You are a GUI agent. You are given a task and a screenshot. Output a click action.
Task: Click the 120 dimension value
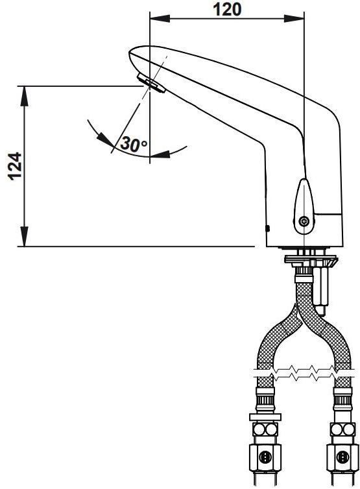pyautogui.click(x=227, y=9)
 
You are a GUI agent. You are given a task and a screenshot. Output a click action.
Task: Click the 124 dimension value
pyautogui.click(x=15, y=166)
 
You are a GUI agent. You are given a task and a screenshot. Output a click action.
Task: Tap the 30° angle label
pyautogui.click(x=134, y=144)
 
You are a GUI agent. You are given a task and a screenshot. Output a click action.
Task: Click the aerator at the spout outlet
pyautogui.click(x=150, y=84)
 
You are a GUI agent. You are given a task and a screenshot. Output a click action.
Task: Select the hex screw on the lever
pyautogui.click(x=303, y=222)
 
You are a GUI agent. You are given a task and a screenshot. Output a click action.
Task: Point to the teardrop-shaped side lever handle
pyautogui.click(x=304, y=206)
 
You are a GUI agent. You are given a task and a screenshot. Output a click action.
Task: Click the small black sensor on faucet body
pyautogui.click(x=267, y=228)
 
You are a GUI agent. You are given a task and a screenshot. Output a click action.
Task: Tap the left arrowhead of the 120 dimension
pyautogui.click(x=160, y=18)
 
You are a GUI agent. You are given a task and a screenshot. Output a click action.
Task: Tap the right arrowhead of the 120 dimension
pyautogui.click(x=294, y=18)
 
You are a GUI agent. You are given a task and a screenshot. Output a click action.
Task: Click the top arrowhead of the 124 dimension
pyautogui.click(x=25, y=96)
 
